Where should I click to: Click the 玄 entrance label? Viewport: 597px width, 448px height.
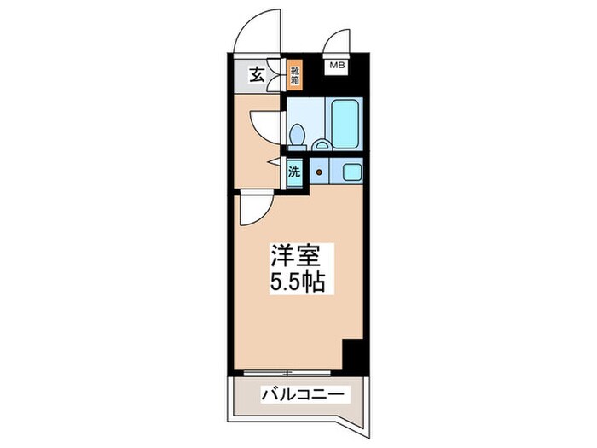256,76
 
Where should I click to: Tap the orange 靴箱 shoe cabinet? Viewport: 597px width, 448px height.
294,77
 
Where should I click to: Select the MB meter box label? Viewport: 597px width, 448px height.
336,64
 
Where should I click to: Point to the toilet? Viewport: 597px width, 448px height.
298,135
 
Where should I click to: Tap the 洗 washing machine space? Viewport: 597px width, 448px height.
294,172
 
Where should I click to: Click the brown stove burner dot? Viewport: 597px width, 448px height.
319,172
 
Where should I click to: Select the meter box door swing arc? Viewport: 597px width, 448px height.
337,40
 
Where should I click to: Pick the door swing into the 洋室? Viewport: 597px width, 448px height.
254,208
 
